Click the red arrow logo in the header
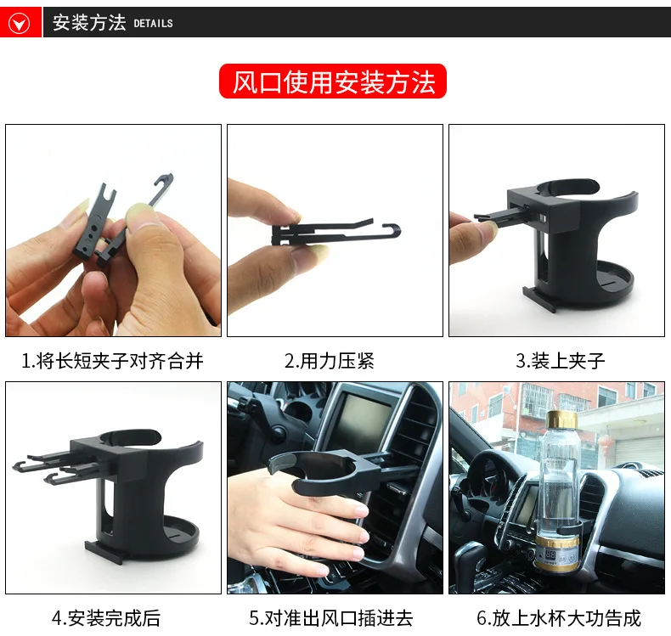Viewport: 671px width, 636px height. tap(20, 23)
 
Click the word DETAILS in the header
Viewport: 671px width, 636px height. tap(153, 23)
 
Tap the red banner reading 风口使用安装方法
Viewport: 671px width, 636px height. tap(332, 82)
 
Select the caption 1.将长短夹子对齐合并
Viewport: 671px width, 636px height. tap(112, 361)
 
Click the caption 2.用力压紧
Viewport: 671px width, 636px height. tap(330, 361)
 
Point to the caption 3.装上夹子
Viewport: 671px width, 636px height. tap(561, 361)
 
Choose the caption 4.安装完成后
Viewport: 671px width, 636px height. tap(106, 618)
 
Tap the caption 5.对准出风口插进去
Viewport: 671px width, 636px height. tap(331, 618)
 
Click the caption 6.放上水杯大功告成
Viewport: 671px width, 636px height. tap(559, 618)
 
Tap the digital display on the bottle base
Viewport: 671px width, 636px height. tap(550, 556)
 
